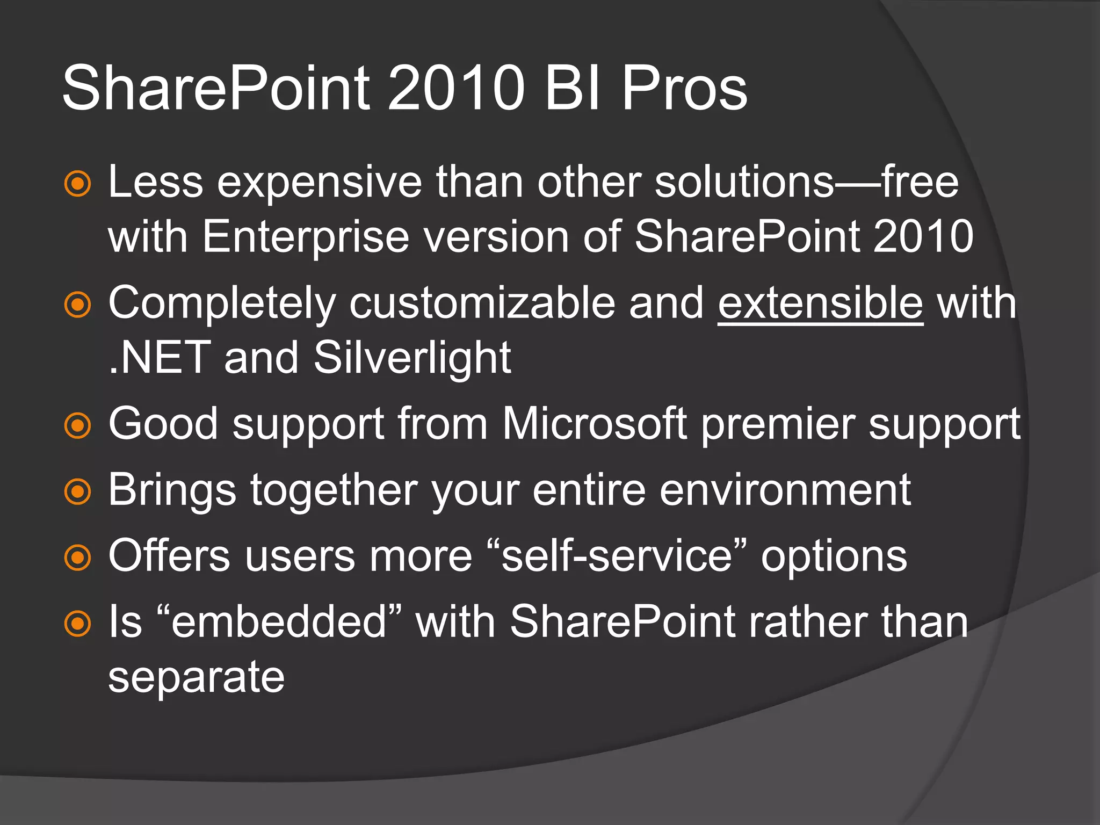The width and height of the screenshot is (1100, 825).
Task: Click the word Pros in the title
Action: (684, 89)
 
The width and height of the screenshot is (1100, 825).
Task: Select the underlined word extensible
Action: (820, 304)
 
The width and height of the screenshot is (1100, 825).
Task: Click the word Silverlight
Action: (412, 359)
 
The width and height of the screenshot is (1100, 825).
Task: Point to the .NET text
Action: (159, 359)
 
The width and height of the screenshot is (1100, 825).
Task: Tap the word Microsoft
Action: (594, 424)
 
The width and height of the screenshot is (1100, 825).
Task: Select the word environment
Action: (785, 490)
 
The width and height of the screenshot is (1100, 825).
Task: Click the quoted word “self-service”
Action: (616, 556)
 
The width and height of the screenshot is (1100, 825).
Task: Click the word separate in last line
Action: (196, 678)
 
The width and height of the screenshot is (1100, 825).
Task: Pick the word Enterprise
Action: (306, 237)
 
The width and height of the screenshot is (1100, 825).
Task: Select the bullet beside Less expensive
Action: (78, 184)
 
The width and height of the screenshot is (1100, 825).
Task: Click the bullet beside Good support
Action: (78, 426)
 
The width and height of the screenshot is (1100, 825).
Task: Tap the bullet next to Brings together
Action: (78, 491)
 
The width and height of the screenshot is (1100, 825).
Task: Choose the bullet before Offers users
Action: (78, 558)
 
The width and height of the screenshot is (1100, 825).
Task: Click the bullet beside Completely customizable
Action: (78, 305)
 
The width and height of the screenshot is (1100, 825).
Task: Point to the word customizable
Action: (482, 304)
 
